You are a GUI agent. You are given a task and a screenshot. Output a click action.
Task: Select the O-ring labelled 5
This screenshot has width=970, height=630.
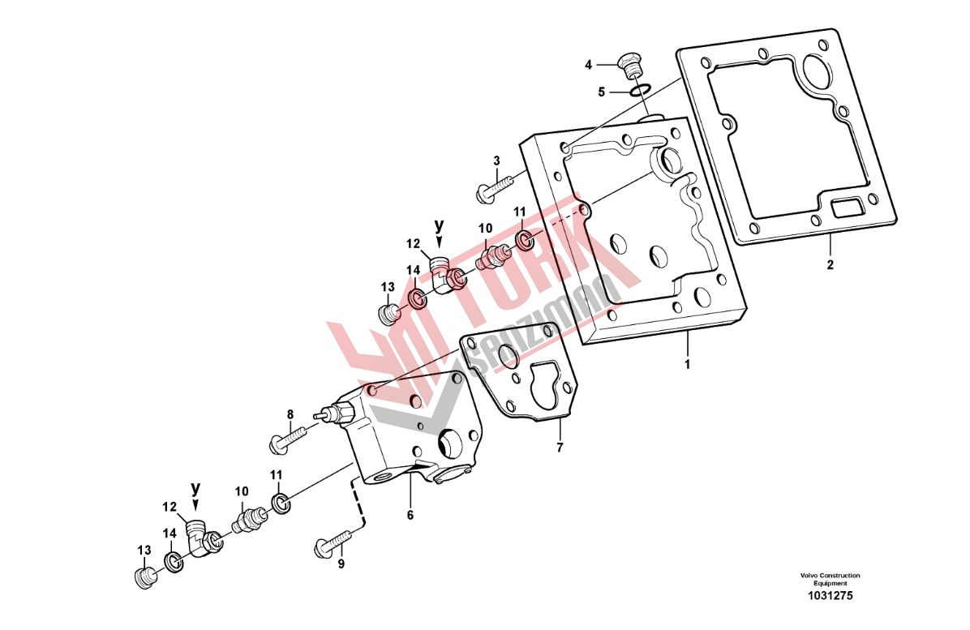[637, 92]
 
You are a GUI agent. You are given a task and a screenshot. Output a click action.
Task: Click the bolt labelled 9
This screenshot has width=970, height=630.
[335, 543]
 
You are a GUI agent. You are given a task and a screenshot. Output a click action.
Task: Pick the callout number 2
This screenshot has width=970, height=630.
[831, 264]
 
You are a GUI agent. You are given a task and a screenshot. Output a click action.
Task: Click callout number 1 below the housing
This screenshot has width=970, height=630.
[687, 364]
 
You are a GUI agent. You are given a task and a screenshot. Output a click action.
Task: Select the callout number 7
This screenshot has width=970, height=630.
[560, 447]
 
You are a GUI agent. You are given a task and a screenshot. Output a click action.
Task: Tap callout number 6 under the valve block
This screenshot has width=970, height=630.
[410, 514]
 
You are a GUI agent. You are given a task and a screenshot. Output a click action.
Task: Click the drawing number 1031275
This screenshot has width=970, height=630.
[831, 596]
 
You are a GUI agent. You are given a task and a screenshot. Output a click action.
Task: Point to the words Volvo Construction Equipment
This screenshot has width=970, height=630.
[831, 579]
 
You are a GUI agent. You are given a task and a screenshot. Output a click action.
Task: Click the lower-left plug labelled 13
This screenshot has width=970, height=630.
[144, 576]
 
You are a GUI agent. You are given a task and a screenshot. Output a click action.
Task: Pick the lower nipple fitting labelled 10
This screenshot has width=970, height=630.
[249, 520]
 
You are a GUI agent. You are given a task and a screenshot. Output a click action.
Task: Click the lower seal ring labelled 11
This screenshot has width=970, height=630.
[281, 504]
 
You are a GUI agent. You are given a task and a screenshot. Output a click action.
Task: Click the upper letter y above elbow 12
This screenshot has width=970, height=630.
[440, 225]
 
